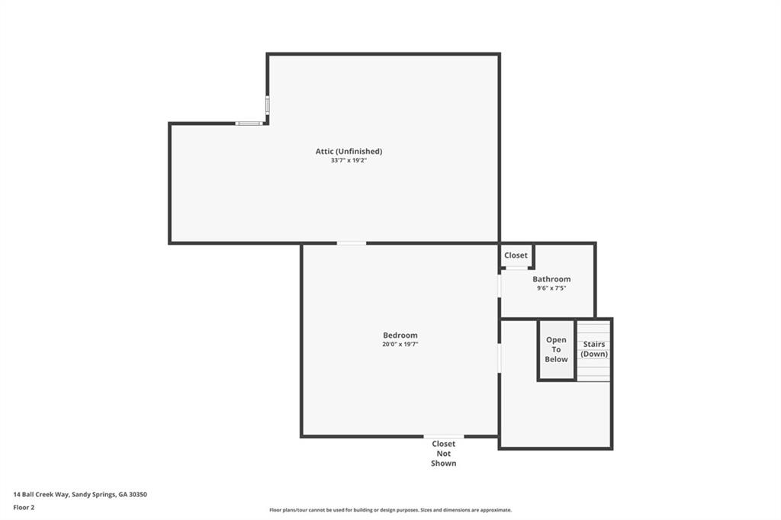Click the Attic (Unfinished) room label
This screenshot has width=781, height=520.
349,151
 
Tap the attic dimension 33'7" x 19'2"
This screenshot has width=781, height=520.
349,161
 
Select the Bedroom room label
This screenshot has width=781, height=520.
400,335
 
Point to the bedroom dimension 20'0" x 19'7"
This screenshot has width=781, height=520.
400,345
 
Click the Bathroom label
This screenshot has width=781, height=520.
551,279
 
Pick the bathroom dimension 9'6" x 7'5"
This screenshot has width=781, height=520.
551,288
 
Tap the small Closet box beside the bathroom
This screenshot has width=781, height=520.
516,255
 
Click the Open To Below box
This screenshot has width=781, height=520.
556,349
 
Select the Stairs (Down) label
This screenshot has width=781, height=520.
594,349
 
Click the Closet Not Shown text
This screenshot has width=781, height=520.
443,453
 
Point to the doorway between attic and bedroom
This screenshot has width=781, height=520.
352,243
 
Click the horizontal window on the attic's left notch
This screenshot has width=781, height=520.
249,124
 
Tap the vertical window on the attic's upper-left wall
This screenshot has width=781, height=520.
267,104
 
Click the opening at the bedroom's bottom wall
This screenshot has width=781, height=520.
443,436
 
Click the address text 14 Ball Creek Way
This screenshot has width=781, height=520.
80,494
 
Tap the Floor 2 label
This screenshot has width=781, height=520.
24,507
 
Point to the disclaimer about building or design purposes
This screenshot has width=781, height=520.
390,510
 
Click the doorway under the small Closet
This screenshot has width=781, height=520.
516,268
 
